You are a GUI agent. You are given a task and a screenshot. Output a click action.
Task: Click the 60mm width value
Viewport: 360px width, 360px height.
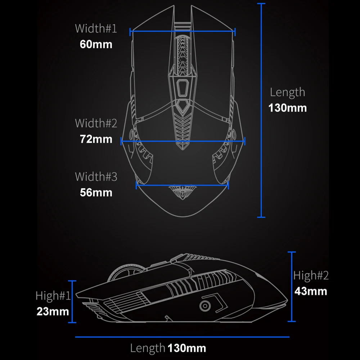[x=96, y=44]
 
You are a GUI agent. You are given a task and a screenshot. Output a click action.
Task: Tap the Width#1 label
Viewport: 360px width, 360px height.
[x=96, y=28]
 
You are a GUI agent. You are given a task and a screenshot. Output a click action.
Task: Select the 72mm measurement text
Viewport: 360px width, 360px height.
[x=96, y=139]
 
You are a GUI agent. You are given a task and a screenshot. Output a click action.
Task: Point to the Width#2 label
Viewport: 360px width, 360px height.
[x=96, y=123]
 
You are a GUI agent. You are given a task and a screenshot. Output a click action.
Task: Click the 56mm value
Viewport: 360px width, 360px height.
[x=96, y=193]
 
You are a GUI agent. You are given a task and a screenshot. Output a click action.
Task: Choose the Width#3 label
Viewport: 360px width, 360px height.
[x=96, y=177]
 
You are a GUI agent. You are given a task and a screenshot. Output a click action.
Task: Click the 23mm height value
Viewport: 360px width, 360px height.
[x=53, y=311]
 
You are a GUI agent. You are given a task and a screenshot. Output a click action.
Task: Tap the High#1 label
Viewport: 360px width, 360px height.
[x=53, y=296]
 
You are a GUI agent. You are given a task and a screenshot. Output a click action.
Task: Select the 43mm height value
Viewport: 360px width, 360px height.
[x=311, y=291]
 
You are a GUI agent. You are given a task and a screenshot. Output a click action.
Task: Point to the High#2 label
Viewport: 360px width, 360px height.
[x=311, y=275]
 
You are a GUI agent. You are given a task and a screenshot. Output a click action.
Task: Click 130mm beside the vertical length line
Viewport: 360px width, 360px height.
[x=288, y=108]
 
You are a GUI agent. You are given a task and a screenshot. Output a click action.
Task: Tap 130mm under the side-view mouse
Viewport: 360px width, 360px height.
[x=187, y=348]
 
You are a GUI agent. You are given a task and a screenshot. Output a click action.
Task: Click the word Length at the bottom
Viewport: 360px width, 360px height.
[x=148, y=348]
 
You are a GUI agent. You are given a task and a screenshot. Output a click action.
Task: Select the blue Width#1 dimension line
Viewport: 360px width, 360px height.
[x=182, y=31]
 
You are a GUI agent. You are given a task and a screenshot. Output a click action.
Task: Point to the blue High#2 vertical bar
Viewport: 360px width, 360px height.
[x=292, y=286]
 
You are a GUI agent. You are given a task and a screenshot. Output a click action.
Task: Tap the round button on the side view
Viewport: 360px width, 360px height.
[x=205, y=305]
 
